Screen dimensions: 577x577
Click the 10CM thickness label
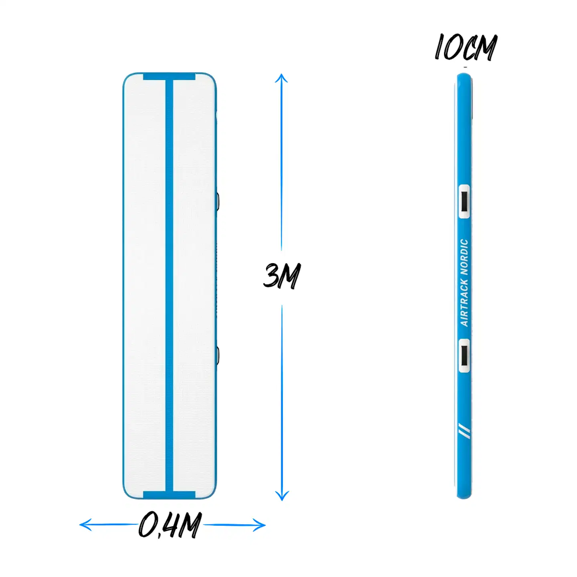[x=466, y=47]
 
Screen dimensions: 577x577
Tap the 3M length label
[x=282, y=276]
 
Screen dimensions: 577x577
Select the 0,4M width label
[x=170, y=525]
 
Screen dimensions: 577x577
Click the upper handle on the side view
[x=464, y=201]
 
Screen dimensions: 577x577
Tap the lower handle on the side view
[x=464, y=355]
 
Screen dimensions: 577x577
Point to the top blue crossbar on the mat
[x=169, y=77]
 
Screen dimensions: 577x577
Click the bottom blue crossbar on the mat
[x=169, y=495]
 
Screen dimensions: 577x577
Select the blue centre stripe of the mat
[x=169, y=280]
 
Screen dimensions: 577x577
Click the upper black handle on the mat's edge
[x=218, y=201]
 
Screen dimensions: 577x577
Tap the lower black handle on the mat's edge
[x=218, y=355]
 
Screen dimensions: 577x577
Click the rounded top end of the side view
[x=464, y=77]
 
